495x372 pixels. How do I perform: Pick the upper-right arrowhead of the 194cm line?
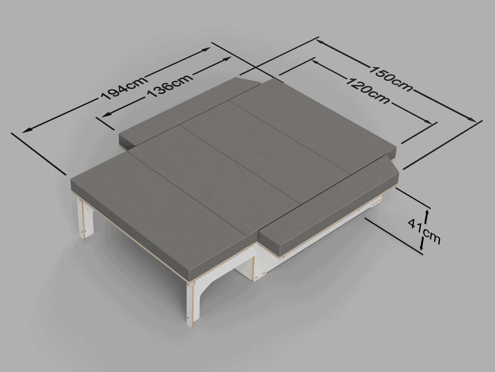206,49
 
